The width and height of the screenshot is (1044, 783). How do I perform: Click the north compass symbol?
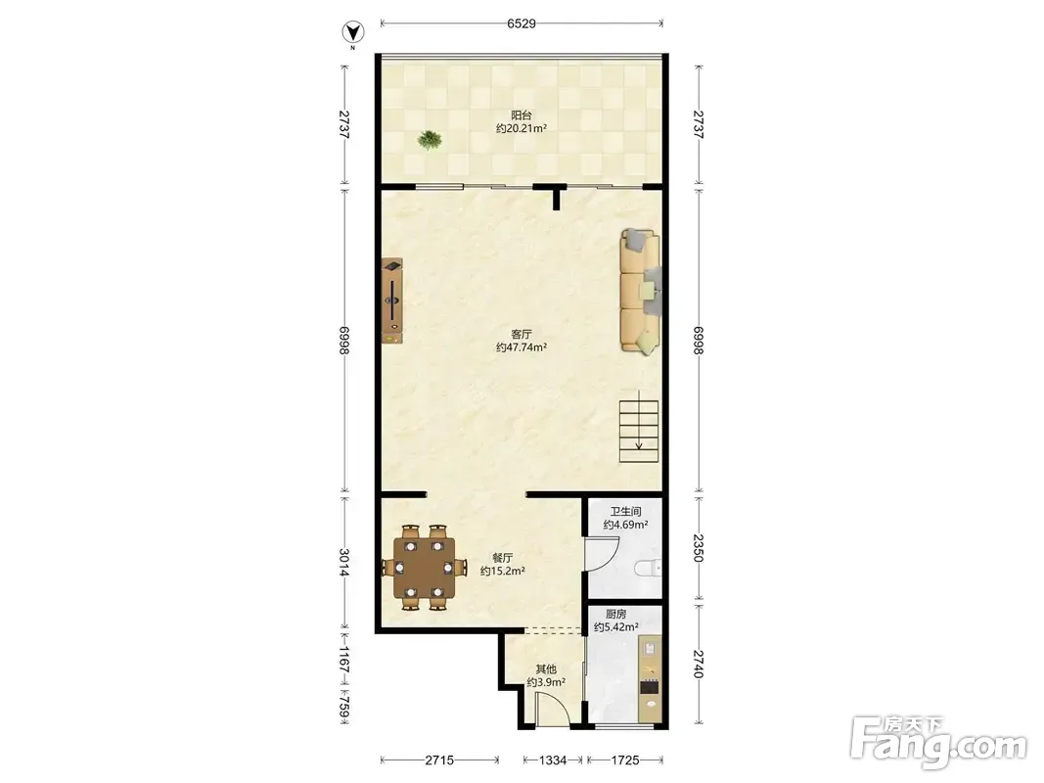pos(353,32)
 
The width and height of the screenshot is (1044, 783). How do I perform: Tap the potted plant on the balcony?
pos(430,139)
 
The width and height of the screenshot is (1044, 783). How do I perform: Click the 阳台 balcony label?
pos(522,115)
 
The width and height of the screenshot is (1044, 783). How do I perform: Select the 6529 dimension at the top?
pos(522,23)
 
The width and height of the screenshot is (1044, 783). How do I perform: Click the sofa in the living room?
pos(641,291)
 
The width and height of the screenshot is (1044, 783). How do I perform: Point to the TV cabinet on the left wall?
pos(392,300)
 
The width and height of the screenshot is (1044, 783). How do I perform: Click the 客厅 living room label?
pos(522,334)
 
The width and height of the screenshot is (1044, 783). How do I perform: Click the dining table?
pos(424,568)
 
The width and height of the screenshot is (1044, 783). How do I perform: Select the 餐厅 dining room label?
pos(503,558)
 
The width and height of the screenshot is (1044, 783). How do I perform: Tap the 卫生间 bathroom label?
pos(626,511)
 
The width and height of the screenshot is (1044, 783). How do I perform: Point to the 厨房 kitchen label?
pos(615,614)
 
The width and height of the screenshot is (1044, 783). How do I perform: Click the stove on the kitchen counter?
pos(649,687)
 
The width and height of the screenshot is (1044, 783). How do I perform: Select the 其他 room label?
pos(546,669)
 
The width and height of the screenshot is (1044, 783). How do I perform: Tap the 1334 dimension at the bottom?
pos(553,760)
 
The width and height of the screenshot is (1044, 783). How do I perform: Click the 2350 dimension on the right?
pos(698,548)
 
